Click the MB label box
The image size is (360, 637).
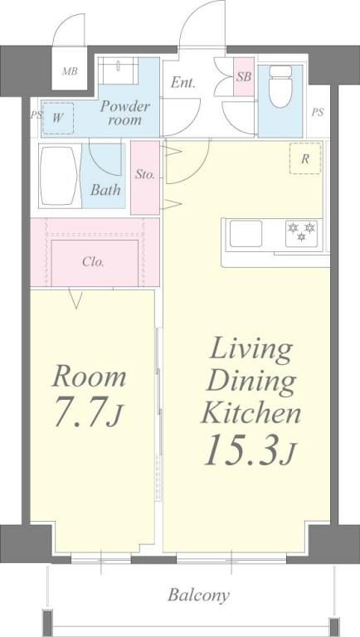pos(70,71)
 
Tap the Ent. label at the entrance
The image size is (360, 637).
pos(183,83)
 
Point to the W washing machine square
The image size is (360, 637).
pos(58,117)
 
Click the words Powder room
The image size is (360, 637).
pos(124,113)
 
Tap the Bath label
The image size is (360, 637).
pos(105,190)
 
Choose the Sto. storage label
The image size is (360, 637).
pos(146,175)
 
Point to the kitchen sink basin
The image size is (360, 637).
pos(246,233)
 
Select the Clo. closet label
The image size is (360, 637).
pos(93,261)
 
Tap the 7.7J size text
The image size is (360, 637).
pos(87,414)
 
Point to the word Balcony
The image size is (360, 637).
pos(199,595)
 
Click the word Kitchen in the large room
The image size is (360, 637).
pos(251,412)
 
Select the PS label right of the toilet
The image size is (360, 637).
pos(319,113)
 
